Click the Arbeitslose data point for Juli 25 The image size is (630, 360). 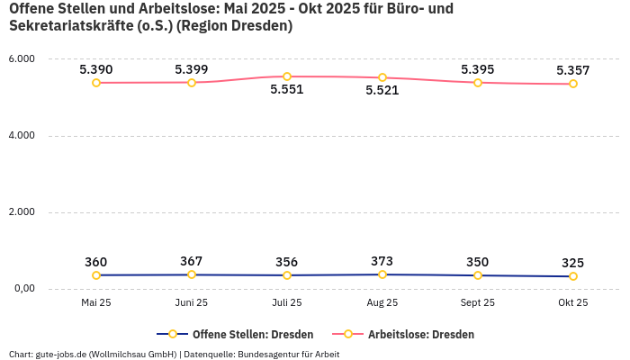coord(287,76)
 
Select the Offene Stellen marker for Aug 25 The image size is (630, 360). coord(382,274)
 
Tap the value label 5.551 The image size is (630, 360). coord(287,90)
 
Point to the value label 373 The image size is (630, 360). coord(382,262)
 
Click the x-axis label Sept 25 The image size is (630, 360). coord(478,303)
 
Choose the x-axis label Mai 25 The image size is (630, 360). coord(96,303)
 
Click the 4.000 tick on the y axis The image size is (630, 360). coord(21,136)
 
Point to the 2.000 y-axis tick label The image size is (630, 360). coord(21,212)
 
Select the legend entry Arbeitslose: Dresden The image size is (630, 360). coord(420,335)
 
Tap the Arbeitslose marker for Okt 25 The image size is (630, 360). coord(573,84)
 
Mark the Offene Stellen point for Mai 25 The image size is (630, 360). coord(96,275)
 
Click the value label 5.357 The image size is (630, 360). coord(573,70)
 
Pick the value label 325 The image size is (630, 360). coord(573,264)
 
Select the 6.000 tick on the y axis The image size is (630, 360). coord(21,59)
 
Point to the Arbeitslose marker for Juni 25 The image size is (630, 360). coord(192,83)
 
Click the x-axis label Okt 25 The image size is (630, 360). coord(573,303)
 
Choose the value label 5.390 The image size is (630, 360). coord(96,69)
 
